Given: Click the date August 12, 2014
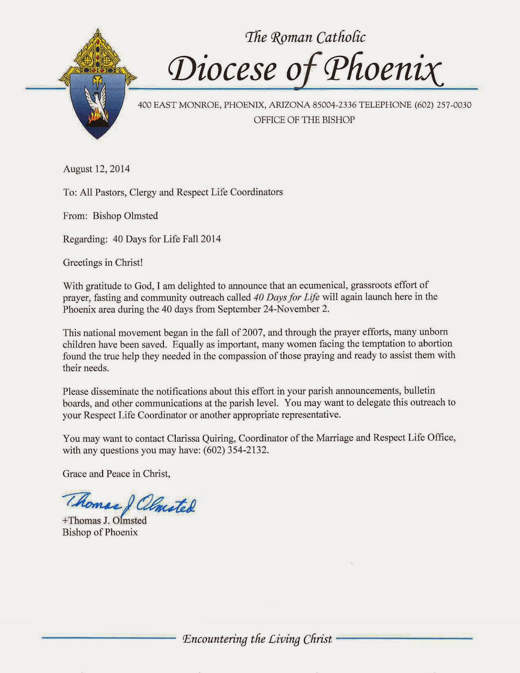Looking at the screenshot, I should click(96, 169).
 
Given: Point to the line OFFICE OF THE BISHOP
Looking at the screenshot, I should click(304, 120).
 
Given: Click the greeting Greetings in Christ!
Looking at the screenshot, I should click(103, 262).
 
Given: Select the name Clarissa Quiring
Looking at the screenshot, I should click(201, 438).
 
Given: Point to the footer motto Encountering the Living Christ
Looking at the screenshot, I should click(257, 639).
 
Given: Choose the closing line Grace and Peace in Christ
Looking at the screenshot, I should click(116, 474).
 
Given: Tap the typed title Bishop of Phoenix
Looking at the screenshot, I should click(100, 532).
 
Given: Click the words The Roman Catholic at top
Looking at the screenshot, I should click(305, 38).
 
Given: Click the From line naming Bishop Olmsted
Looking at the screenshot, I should click(110, 216).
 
